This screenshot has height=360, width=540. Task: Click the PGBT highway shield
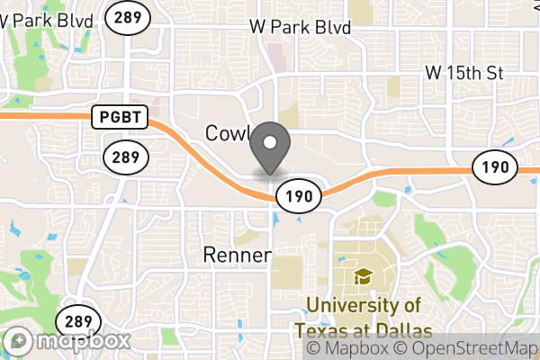point(114,115)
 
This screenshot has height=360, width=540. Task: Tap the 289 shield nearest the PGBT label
point(121,158)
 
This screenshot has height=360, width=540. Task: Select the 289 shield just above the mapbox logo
point(75,321)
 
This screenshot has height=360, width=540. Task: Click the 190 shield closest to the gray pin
point(293,195)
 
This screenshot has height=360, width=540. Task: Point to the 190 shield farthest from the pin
point(495,166)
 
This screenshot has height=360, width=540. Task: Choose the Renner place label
point(238,255)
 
